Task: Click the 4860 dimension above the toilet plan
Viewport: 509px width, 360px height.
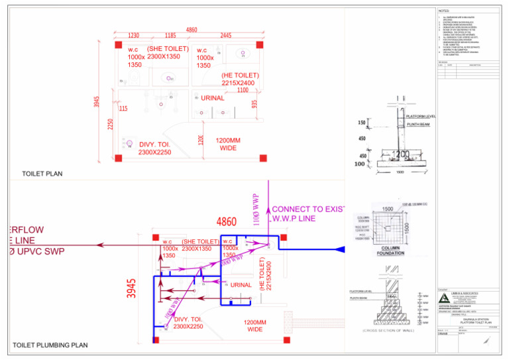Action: point(192,30)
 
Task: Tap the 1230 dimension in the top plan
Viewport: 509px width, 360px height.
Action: point(133,36)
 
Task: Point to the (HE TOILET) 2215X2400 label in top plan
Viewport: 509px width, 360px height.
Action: point(240,79)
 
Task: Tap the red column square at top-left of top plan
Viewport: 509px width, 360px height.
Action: point(118,43)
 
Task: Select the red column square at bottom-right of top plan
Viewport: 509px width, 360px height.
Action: point(262,157)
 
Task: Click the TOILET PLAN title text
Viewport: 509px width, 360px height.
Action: point(42,174)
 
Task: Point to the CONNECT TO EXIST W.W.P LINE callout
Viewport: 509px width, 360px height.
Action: point(308,213)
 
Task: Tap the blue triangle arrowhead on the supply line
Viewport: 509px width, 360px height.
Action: point(340,249)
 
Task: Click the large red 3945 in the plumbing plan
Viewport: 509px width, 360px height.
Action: point(132,288)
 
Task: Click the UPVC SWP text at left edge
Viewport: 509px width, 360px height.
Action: point(40,251)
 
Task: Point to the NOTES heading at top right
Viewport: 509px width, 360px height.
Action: point(444,11)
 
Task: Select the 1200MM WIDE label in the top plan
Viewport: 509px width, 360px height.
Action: point(228,144)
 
